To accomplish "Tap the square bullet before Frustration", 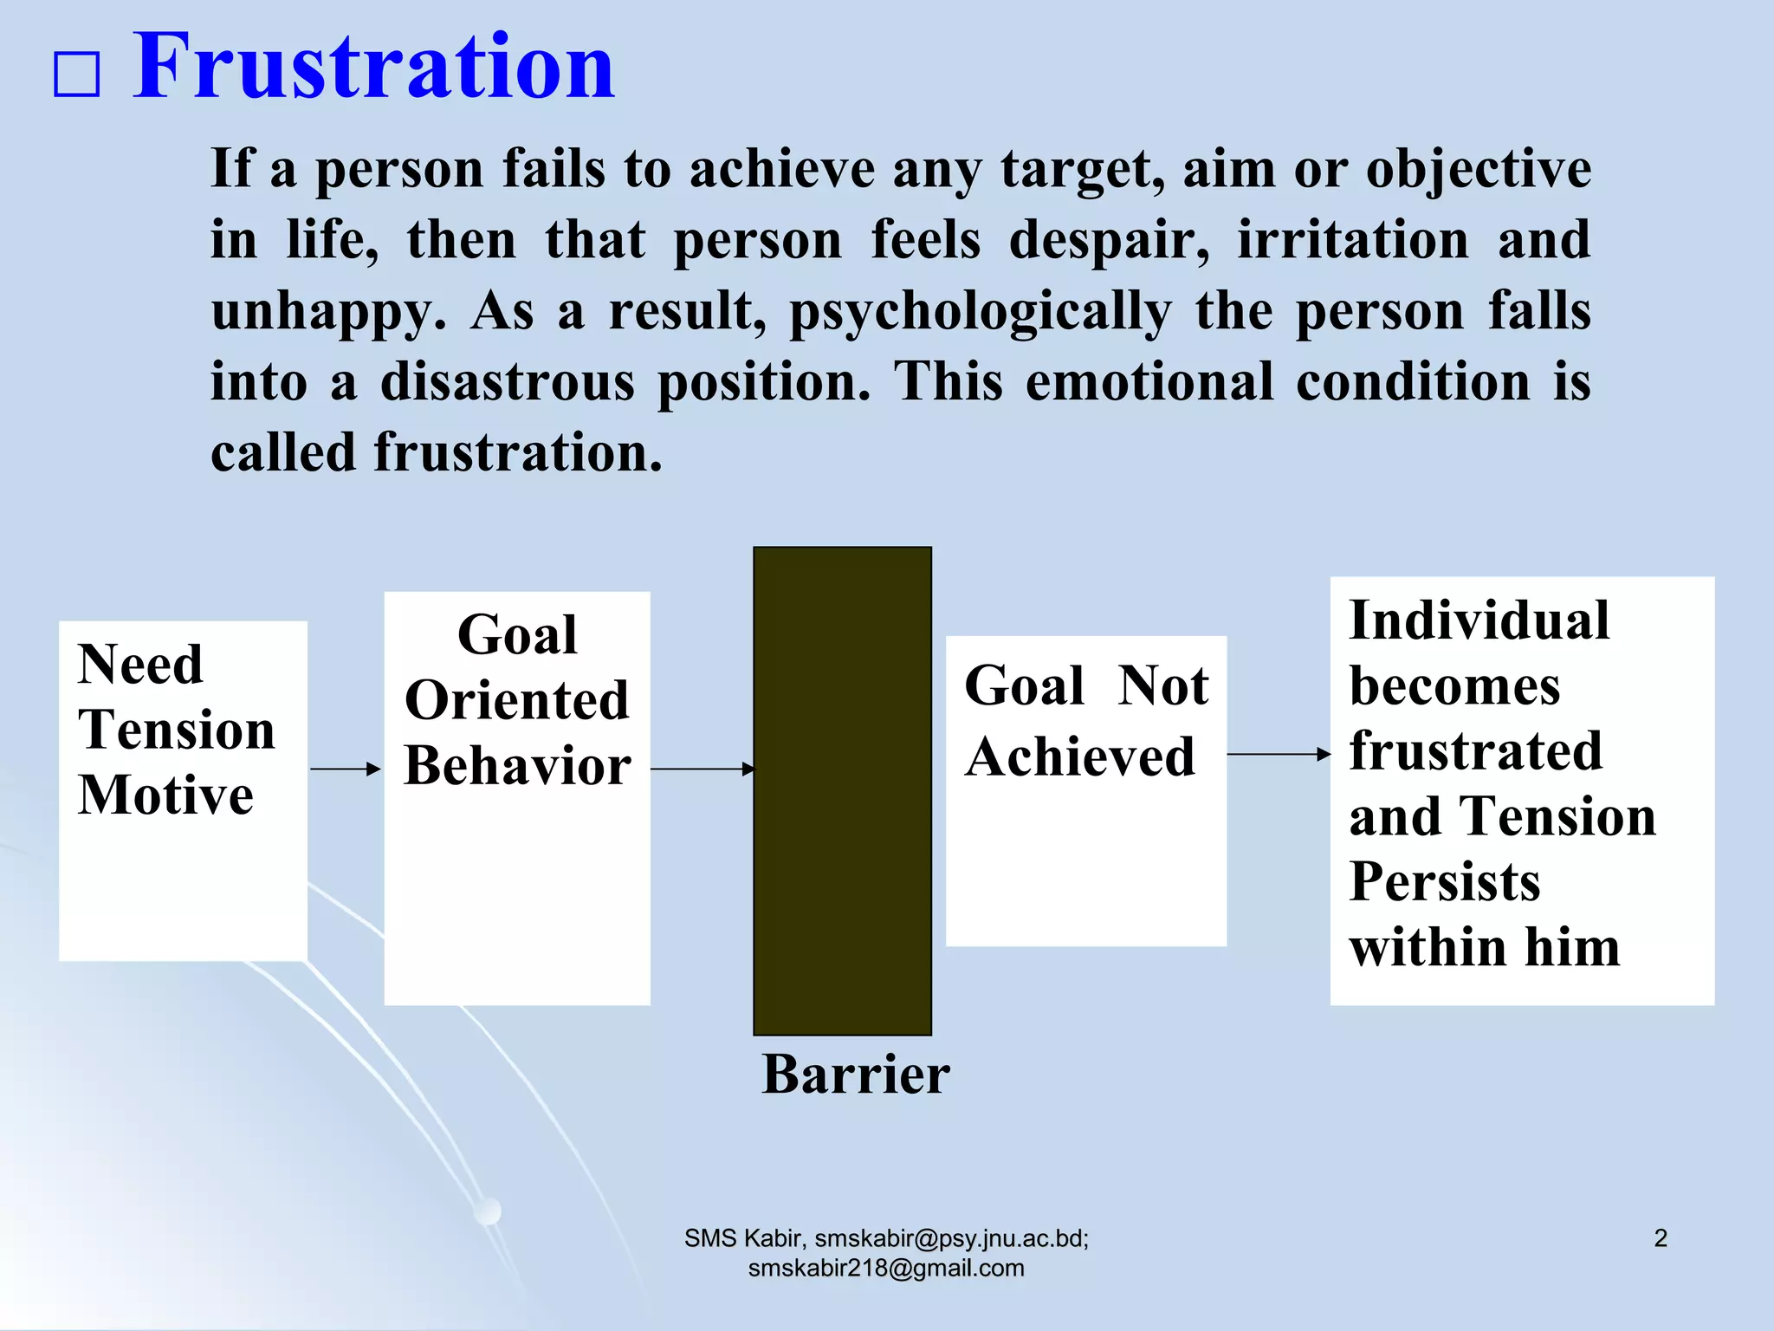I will click(77, 75).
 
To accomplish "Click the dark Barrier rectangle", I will click(842, 790).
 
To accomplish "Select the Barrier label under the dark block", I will click(856, 1075).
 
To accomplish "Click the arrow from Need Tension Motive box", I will click(345, 769).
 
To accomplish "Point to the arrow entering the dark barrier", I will click(702, 769).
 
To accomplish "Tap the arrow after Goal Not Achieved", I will click(1278, 755).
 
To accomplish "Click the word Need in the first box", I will click(140, 665).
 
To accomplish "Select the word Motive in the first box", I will click(165, 795).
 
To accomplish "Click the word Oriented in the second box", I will click(517, 700).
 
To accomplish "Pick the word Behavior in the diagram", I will click(517, 766).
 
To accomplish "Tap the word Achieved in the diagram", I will click(1079, 756).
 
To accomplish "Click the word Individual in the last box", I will click(1479, 620).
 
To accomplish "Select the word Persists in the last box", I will click(1444, 881).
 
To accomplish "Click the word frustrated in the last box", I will click(1475, 750).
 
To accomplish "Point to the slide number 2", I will click(1660, 1238).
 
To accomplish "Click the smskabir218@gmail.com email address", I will click(885, 1269).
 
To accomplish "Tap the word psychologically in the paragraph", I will click(980, 312).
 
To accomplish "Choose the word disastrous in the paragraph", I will click(507, 381).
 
